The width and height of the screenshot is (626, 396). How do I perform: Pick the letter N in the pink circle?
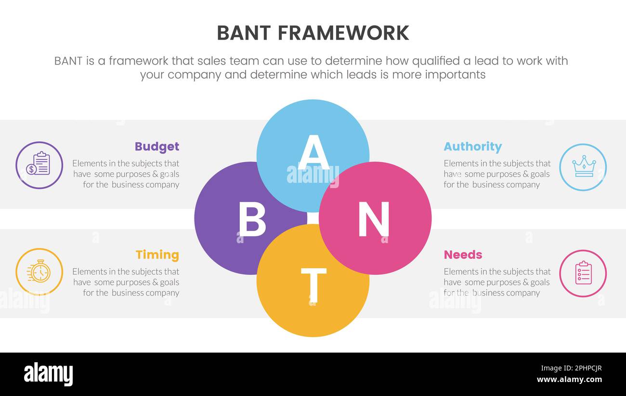point(374,219)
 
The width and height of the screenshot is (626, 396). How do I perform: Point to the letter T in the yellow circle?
point(313,285)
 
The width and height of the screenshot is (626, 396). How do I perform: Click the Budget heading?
point(156,147)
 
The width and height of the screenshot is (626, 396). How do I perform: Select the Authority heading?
point(472,147)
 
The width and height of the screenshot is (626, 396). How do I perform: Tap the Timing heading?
point(157,255)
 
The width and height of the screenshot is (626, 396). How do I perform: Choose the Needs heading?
point(463,255)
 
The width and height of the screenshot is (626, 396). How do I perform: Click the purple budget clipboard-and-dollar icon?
point(39,165)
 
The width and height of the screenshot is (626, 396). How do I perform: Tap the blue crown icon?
point(583,167)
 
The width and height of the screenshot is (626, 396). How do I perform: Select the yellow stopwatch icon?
point(39,272)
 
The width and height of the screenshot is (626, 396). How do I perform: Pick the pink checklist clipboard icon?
point(583,273)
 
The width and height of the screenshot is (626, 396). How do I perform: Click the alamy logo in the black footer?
point(49,374)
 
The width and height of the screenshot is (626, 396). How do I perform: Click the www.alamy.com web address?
point(569,380)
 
